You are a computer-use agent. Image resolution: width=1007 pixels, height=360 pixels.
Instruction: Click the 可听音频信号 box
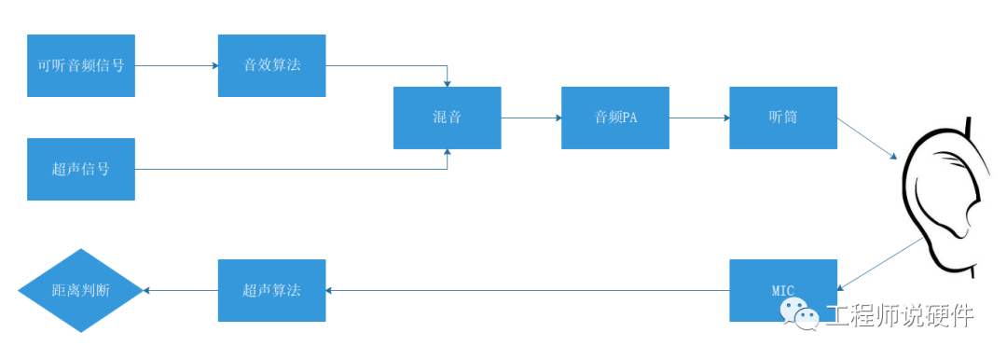(x=81, y=65)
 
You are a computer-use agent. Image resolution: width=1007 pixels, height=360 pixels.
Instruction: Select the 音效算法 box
(x=271, y=65)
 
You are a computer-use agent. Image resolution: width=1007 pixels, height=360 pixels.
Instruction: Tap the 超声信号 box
(x=81, y=169)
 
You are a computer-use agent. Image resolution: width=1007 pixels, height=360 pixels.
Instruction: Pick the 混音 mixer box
(x=448, y=118)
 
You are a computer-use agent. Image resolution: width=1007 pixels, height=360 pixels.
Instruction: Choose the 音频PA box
(x=615, y=118)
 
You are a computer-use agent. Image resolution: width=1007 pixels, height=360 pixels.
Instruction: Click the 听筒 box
(x=783, y=118)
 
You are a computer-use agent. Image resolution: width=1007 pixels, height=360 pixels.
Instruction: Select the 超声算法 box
(x=271, y=290)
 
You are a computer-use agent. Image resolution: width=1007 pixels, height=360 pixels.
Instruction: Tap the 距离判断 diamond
(x=81, y=290)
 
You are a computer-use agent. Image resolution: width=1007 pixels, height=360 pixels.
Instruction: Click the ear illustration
(x=944, y=196)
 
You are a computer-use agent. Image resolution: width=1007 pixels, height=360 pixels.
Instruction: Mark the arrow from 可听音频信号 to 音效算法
(x=176, y=65)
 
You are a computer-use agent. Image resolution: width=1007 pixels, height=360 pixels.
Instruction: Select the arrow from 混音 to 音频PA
(x=531, y=118)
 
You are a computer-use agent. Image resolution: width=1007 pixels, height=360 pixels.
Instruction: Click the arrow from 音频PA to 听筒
(x=699, y=118)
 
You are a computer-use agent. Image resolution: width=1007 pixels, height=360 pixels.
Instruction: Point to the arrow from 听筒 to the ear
(x=867, y=137)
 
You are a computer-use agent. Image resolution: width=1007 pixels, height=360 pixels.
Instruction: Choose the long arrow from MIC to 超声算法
(x=528, y=290)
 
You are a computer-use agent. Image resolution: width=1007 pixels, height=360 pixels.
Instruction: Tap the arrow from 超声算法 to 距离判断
(x=180, y=290)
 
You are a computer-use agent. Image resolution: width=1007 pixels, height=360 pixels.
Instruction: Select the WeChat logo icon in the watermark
(x=801, y=317)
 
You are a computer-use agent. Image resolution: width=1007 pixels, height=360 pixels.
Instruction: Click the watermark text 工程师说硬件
(x=901, y=316)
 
